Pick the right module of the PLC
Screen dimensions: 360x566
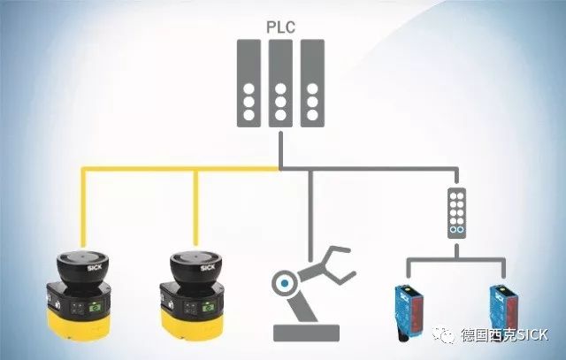310,83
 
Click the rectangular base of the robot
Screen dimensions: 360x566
307,333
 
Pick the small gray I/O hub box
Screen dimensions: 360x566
455,211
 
